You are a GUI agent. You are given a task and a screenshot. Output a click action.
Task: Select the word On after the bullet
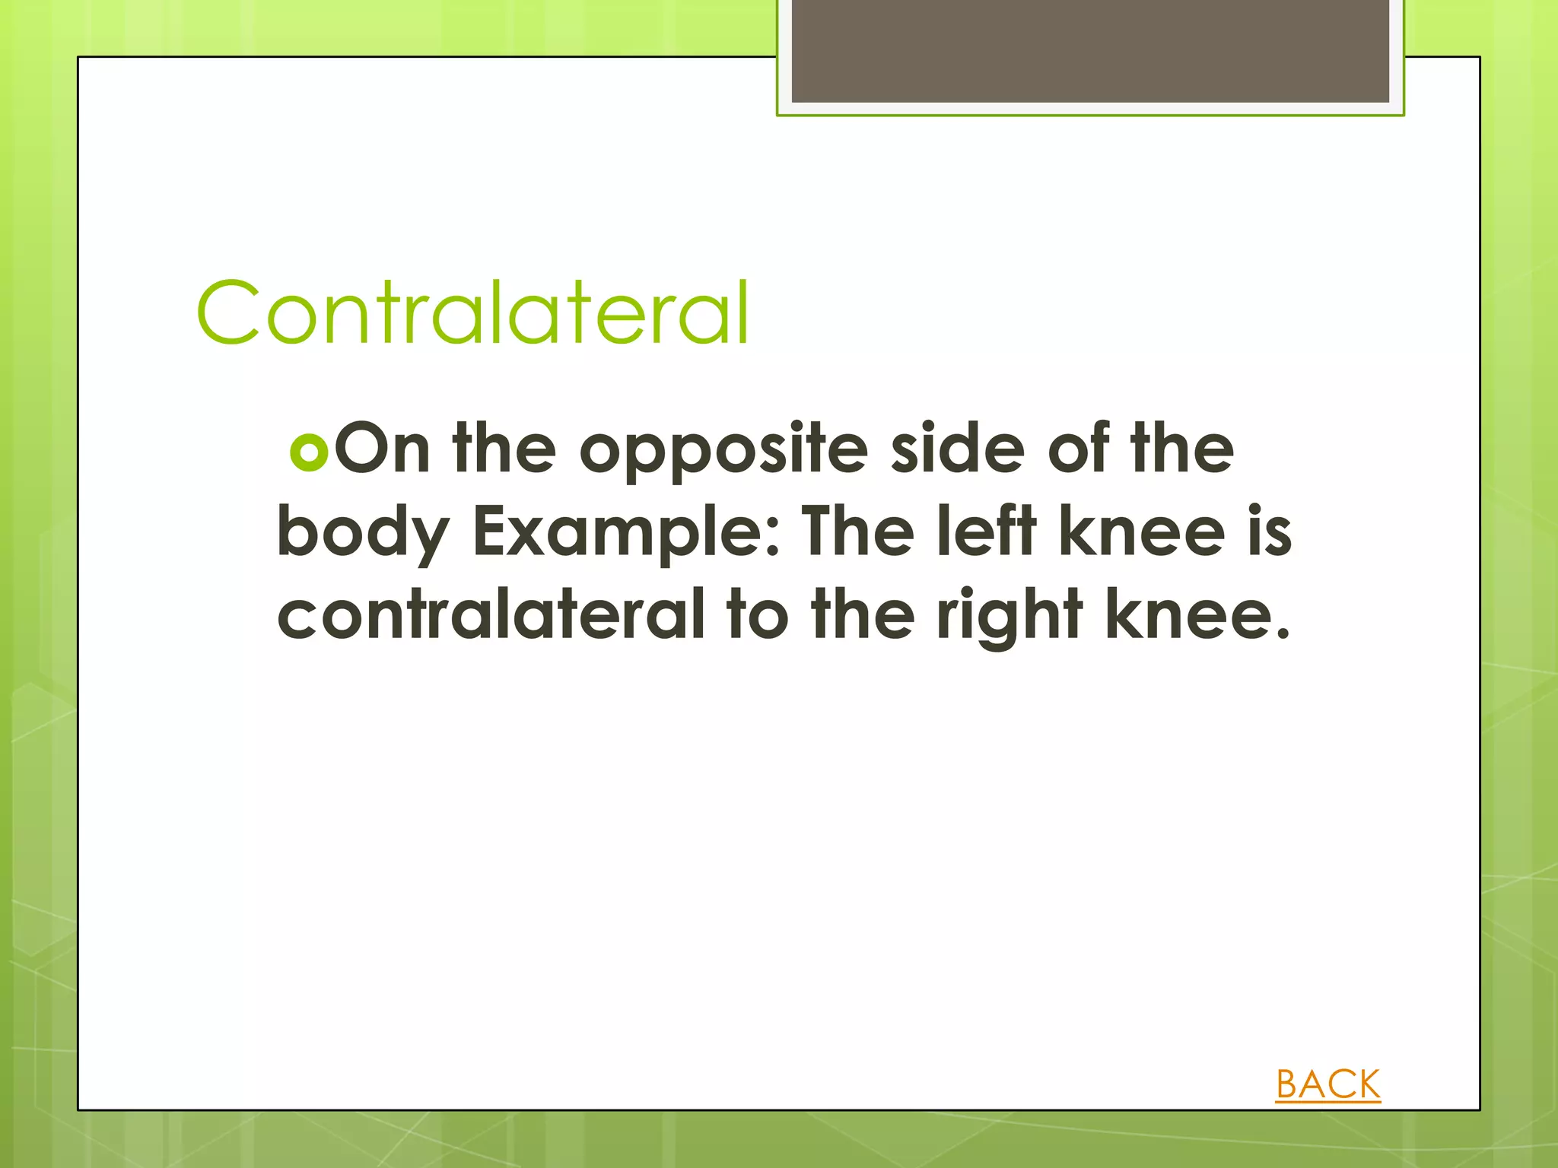click(382, 450)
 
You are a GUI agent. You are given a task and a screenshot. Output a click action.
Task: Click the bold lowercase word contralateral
click(491, 614)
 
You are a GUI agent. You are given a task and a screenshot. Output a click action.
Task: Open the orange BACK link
click(1327, 1084)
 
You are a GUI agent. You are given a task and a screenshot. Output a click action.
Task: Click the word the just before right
click(863, 614)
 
